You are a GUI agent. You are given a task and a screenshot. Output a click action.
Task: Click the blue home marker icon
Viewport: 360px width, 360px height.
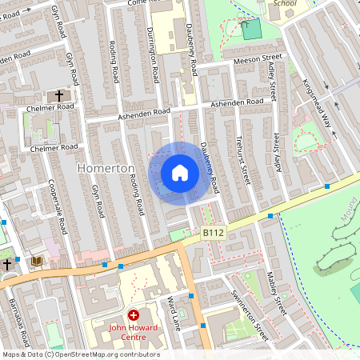coord(180,172)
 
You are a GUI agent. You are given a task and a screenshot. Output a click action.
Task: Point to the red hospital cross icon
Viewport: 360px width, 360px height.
coord(134,316)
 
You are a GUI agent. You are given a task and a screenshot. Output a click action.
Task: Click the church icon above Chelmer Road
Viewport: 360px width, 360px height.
coord(59,96)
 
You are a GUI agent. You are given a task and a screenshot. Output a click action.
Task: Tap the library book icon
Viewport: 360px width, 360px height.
coord(36,262)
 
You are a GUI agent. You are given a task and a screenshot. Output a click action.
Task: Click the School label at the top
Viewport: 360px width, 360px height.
coord(284,3)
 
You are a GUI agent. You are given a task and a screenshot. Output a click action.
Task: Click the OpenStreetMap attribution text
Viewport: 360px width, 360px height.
coord(80,354)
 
